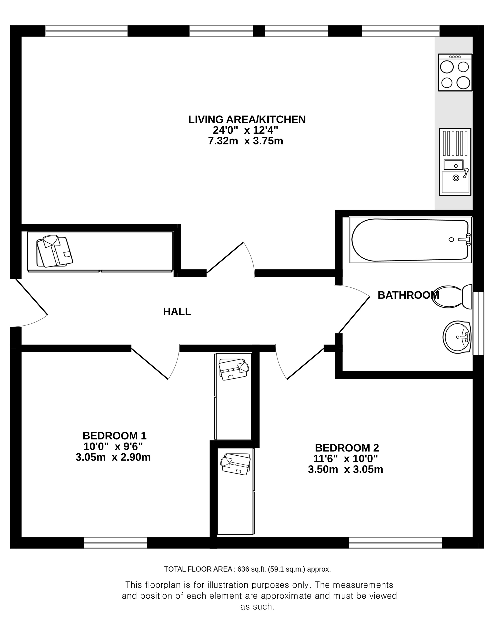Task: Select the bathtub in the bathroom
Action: pyautogui.click(x=410, y=240)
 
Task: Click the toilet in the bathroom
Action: pyautogui.click(x=452, y=297)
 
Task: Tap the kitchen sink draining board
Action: pyautogui.click(x=455, y=144)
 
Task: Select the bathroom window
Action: pyautogui.click(x=478, y=323)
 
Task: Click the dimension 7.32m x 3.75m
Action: pyautogui.click(x=245, y=141)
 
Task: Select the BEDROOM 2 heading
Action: pyautogui.click(x=347, y=448)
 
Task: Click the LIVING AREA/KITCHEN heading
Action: pyautogui.click(x=247, y=119)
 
